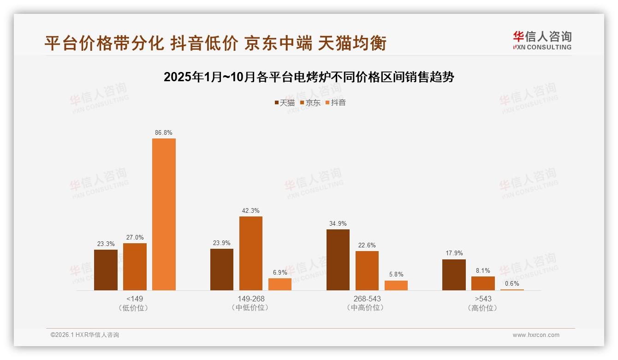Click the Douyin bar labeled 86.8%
164,214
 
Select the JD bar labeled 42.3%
250,253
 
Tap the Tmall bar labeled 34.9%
338,260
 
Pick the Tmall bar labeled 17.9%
454,275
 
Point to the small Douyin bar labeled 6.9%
280,284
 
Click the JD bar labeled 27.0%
135,267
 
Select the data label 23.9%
222,243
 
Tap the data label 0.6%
512,284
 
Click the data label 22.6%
367,246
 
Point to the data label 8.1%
483,271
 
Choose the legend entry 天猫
285,103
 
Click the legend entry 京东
310,103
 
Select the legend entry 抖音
335,103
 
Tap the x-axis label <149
134,299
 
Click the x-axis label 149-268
251,299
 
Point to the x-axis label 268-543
367,299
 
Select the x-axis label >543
483,299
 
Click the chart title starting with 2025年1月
309,77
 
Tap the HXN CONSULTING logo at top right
542,41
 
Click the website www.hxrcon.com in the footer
536,335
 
